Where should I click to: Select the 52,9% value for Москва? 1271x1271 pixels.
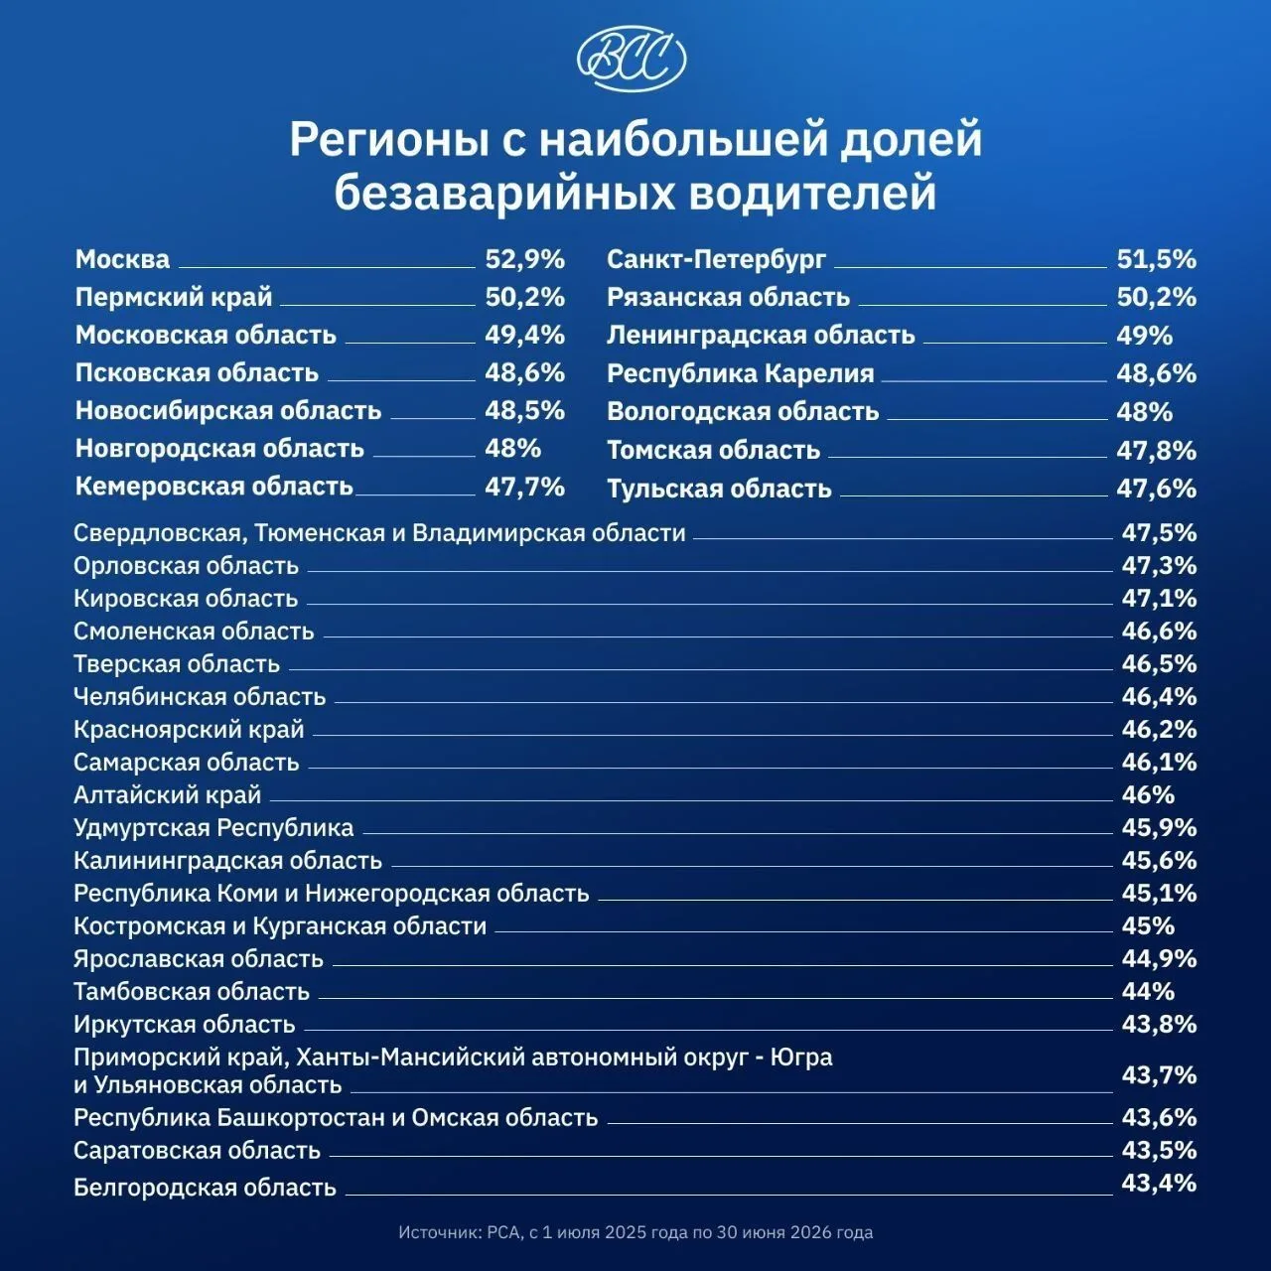[x=525, y=259]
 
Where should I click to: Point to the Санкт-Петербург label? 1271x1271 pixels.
[x=716, y=259]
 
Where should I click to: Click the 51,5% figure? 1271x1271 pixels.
[x=1156, y=259]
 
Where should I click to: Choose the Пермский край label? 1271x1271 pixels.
[x=174, y=298]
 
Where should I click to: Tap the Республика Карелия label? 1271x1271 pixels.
[x=740, y=374]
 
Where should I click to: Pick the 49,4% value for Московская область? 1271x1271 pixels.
[x=525, y=335]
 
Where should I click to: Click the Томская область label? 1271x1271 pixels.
[x=714, y=451]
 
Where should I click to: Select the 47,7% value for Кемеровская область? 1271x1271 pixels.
[x=525, y=487]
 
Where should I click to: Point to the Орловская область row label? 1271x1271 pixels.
[x=186, y=566]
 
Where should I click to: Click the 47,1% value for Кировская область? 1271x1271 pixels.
[x=1159, y=598]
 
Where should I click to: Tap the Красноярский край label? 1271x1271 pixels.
[x=189, y=730]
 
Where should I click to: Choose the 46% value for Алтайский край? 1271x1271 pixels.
[x=1148, y=794]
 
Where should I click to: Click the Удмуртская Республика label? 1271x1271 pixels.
[x=213, y=828]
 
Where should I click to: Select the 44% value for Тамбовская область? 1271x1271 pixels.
[x=1148, y=991]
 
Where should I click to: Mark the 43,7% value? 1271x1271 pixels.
[x=1159, y=1075]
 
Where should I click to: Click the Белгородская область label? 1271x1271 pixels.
[x=206, y=1188]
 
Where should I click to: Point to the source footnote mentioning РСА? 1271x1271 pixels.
[x=635, y=1232]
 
